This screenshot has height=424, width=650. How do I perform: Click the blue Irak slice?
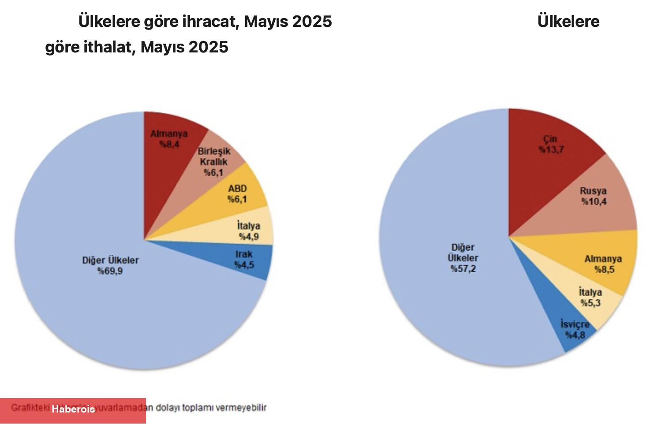click(x=245, y=260)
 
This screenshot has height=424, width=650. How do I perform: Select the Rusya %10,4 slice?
click(x=593, y=196)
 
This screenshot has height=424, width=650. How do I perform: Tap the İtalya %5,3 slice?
click(x=590, y=298)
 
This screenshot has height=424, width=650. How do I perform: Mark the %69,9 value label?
click(x=110, y=271)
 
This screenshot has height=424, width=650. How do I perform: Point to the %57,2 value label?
click(x=463, y=269)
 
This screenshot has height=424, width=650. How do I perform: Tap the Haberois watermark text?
click(x=73, y=409)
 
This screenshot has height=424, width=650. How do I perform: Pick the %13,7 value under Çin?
click(x=551, y=150)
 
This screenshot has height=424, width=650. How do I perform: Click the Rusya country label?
click(x=593, y=191)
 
